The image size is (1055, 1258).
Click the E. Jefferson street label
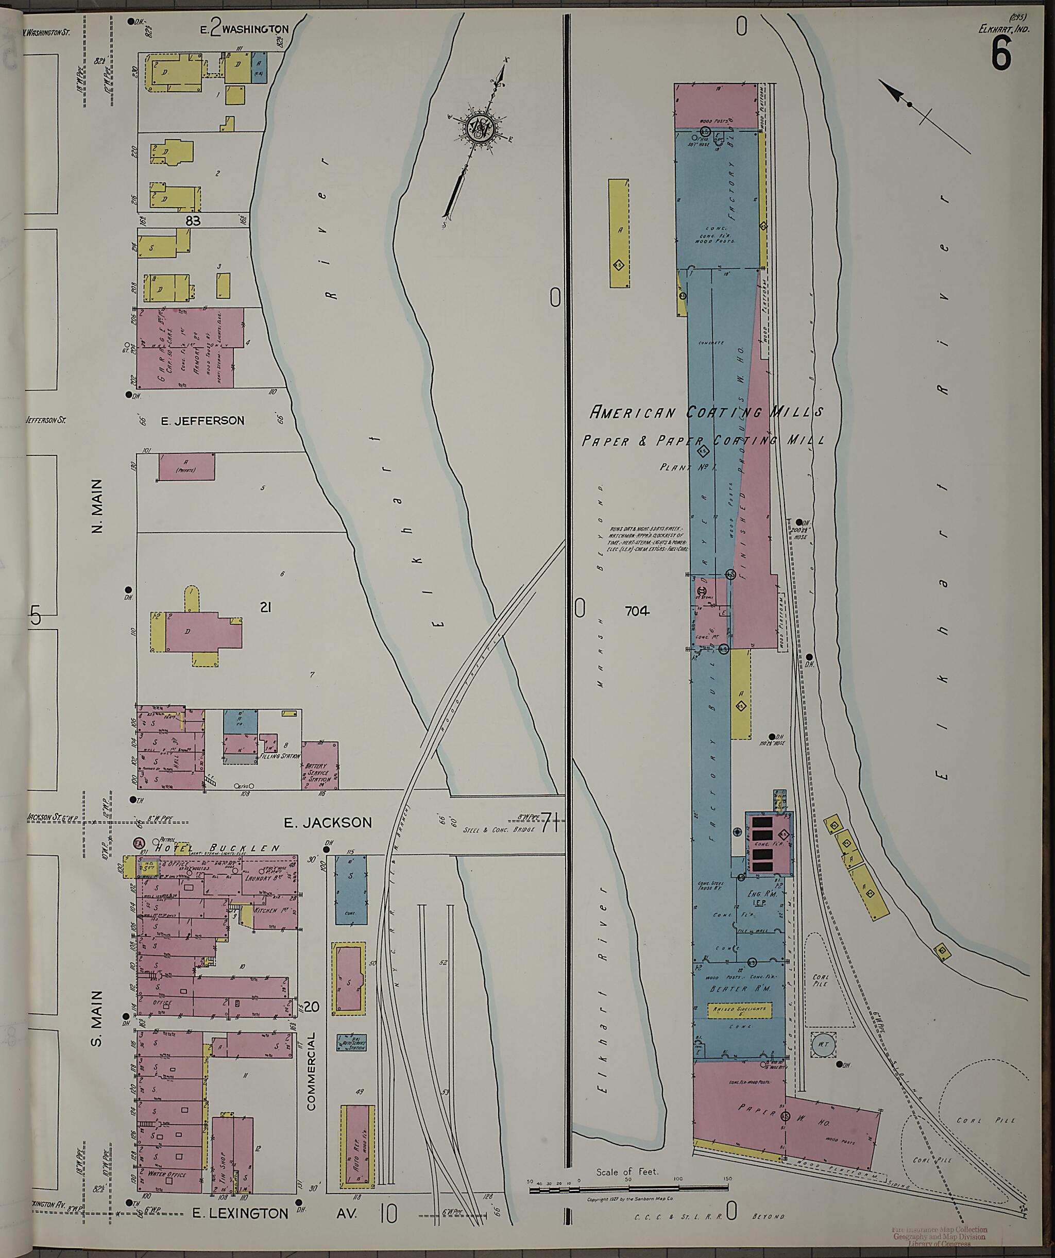pos(202,420)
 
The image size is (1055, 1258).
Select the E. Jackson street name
pos(328,823)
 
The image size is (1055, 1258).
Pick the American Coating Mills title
pos(707,412)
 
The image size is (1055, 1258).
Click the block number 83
pos(192,221)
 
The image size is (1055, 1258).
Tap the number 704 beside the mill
pos(637,611)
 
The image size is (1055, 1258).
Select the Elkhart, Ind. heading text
pos(1003,27)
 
